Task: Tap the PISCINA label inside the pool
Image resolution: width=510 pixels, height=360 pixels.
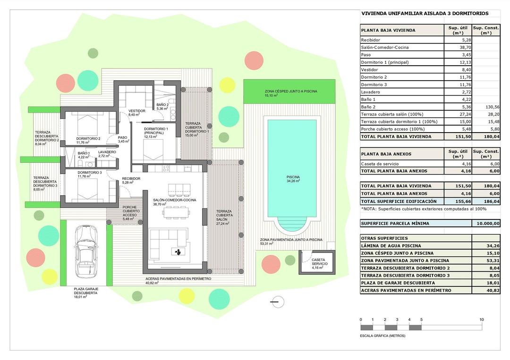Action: coord(293,177)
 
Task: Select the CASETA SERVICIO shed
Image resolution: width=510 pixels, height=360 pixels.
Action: coord(316,262)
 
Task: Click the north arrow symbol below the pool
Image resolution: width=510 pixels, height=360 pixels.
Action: coord(277,301)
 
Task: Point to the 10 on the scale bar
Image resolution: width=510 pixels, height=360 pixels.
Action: coord(481,319)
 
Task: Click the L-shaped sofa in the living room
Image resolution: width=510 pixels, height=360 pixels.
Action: coord(168,244)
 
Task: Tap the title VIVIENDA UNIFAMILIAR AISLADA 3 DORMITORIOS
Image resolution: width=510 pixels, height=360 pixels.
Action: coord(425,14)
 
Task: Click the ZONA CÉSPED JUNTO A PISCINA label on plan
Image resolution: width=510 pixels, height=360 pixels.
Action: coord(290,91)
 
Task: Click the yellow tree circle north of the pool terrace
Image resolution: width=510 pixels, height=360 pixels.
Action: coord(227,85)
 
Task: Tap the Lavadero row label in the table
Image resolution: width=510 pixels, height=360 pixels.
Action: coord(371,92)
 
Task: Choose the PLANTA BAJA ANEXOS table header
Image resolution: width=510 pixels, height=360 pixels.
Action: coord(386,154)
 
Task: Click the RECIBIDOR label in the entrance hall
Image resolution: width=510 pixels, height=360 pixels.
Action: coord(131,178)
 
